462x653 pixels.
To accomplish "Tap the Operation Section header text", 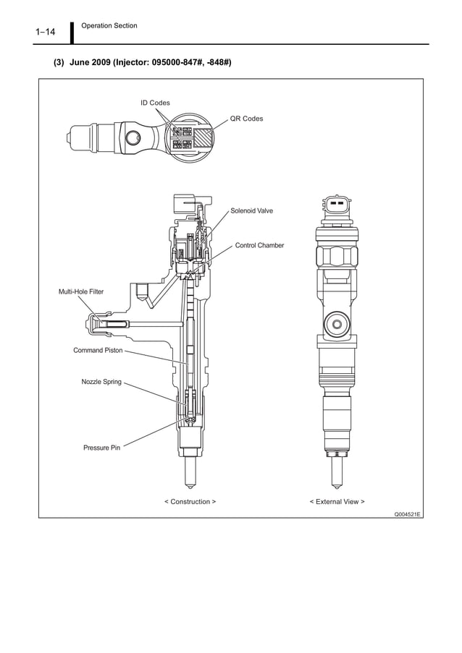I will click(x=109, y=26).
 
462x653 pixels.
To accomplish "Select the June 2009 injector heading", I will click(x=143, y=63).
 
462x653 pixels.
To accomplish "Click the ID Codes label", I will click(x=155, y=103).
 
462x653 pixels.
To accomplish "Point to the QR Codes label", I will click(x=246, y=118).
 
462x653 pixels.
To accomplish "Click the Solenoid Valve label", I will click(x=251, y=211).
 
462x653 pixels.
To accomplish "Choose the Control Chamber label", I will click(x=259, y=246).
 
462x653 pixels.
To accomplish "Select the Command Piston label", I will click(x=98, y=350).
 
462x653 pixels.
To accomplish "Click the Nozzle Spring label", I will click(x=101, y=381).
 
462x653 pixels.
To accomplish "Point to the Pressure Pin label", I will click(x=101, y=448).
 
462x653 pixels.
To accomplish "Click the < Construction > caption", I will click(x=190, y=501).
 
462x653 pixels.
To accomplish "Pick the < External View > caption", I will click(x=337, y=501).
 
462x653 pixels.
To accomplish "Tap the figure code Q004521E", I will click(x=408, y=513).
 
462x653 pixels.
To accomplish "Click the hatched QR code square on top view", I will click(x=204, y=138).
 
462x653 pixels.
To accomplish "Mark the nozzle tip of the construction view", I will click(x=190, y=477).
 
